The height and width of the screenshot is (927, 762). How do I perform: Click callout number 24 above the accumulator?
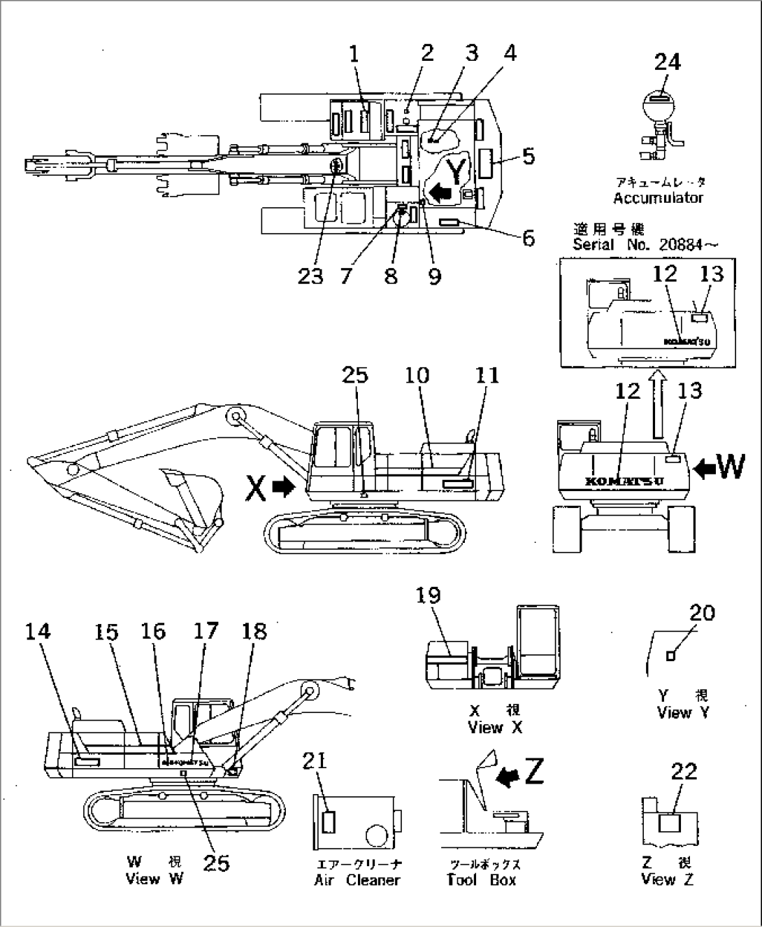(x=667, y=62)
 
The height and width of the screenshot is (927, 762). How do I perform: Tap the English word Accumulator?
(x=658, y=198)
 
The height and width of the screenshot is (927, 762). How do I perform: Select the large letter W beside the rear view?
(x=731, y=467)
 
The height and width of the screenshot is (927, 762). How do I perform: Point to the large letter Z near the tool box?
(x=533, y=772)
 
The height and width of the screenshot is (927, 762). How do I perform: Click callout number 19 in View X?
(x=429, y=595)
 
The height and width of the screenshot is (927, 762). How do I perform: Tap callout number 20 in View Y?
(x=702, y=613)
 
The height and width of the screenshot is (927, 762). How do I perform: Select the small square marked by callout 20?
(x=670, y=656)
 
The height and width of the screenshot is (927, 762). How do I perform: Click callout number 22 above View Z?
(x=684, y=771)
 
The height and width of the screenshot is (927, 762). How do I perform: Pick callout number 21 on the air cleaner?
(x=315, y=760)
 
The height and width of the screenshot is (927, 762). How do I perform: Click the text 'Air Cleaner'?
(x=357, y=880)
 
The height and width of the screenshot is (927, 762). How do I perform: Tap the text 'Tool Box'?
(x=482, y=880)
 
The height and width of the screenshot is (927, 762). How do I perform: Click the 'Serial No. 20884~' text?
(x=644, y=245)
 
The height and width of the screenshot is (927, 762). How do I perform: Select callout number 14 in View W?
(x=38, y=631)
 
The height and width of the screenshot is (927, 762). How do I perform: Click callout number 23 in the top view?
(x=310, y=276)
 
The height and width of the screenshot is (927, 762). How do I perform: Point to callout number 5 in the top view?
(x=529, y=156)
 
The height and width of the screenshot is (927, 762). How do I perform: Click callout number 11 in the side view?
(x=487, y=376)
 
